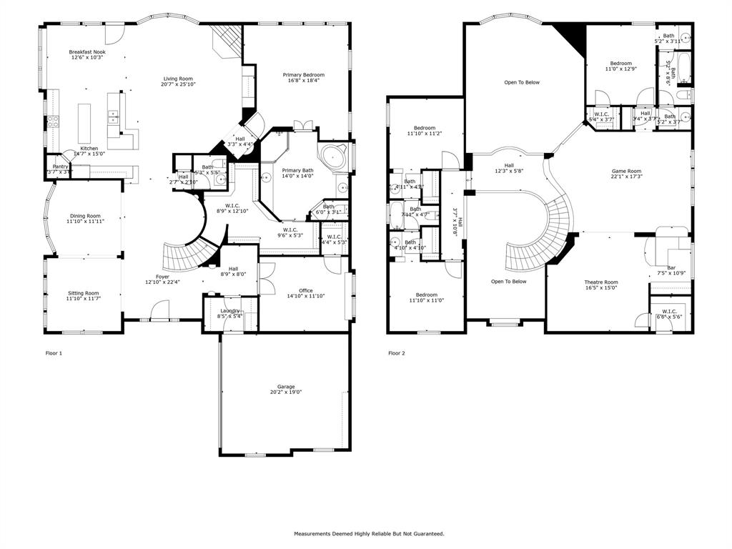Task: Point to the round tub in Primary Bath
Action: pos(333,156)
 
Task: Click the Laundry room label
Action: pos(230,310)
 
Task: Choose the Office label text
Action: pos(305,290)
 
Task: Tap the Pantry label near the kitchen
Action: pos(60,166)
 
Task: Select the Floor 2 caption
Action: pos(397,353)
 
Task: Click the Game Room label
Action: pos(626,171)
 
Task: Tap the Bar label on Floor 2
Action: pos(671,267)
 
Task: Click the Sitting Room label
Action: pos(83,293)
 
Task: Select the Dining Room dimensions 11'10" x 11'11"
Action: pos(85,222)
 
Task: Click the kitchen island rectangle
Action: pos(84,123)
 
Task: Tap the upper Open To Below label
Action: pos(522,82)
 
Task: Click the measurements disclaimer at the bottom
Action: pos(369,533)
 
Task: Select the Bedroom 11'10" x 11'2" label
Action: pos(425,128)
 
